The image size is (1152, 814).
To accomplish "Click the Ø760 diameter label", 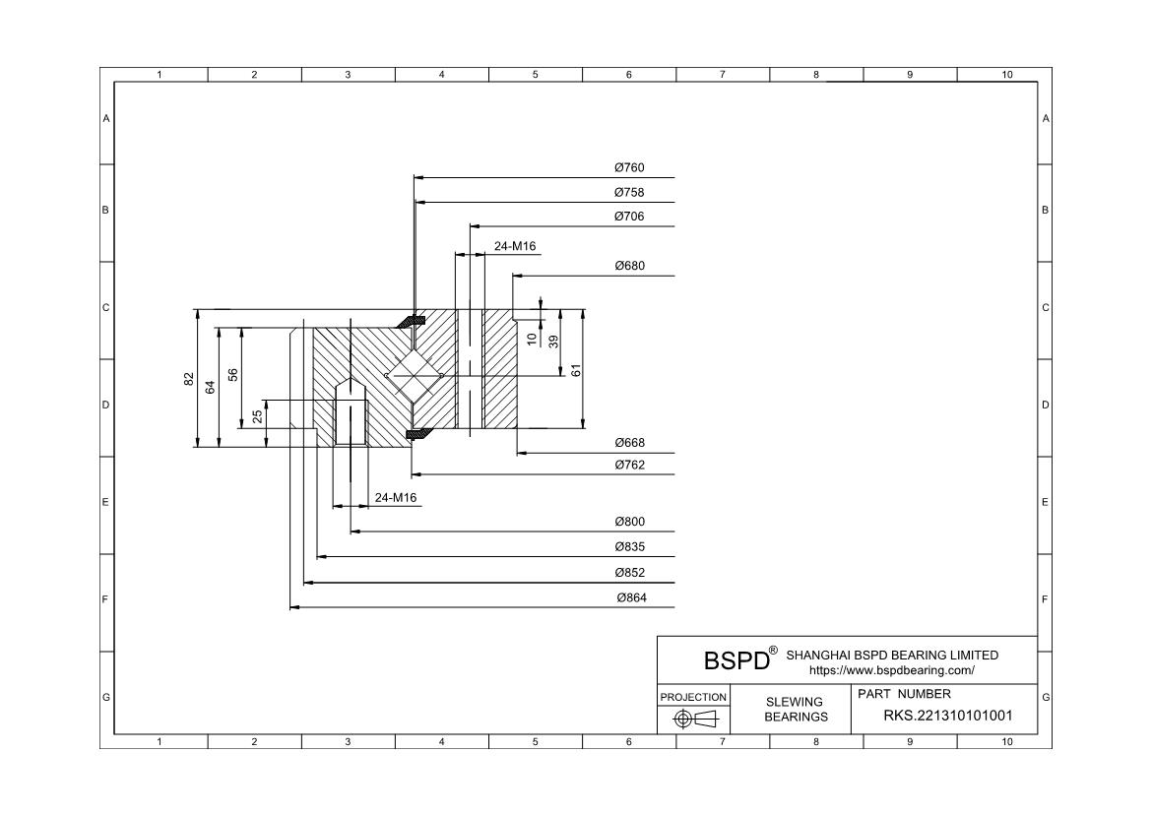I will tap(628, 168).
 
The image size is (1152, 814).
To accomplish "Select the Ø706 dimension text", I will tap(628, 217).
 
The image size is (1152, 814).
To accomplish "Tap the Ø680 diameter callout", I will tap(628, 266).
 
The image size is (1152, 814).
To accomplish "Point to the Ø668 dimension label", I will tap(628, 443).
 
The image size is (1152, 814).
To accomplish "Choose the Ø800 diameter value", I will tap(628, 522).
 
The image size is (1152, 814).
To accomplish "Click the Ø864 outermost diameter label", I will tap(631, 597).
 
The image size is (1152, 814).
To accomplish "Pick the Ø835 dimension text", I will tap(628, 547).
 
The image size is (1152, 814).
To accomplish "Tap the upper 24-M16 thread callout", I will tap(514, 246).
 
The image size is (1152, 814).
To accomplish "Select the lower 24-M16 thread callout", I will tap(396, 498).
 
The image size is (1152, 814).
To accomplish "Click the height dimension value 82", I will tap(188, 379).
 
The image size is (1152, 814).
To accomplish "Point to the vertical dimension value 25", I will tap(257, 417).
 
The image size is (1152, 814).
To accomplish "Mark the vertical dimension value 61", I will tap(576, 369).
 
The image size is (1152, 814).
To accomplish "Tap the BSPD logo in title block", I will tap(736, 659).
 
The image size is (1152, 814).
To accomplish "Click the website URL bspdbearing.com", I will tap(891, 670).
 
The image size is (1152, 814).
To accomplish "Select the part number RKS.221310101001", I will tap(947, 717).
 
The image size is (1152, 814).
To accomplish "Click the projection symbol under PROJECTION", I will tap(693, 719).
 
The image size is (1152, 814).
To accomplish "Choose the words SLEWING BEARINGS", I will tap(796, 709).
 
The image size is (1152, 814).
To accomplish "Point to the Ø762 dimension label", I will tap(628, 466).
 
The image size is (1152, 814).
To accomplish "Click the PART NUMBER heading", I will tap(904, 694).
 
